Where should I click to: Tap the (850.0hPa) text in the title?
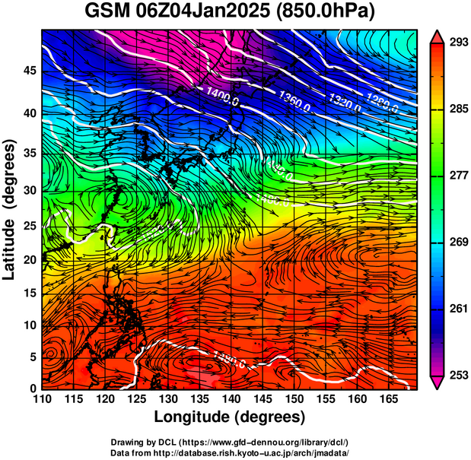coord(326,13)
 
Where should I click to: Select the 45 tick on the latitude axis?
coord(29,71)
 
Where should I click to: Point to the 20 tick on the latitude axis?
coord(29,259)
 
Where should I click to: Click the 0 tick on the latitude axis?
coord(33,389)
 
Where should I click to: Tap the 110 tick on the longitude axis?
coord(42,399)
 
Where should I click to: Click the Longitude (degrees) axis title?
coord(230,417)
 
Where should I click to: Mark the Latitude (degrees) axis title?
coord(11,209)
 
